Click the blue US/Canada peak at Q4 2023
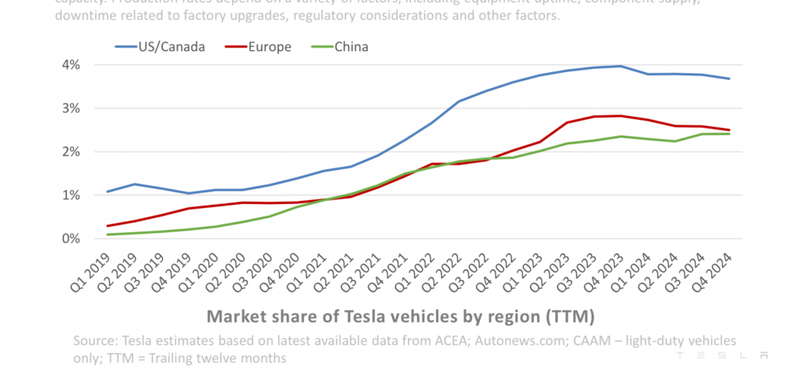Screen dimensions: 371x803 pyautogui.click(x=621, y=66)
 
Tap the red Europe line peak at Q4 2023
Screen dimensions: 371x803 pyautogui.click(x=621, y=116)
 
